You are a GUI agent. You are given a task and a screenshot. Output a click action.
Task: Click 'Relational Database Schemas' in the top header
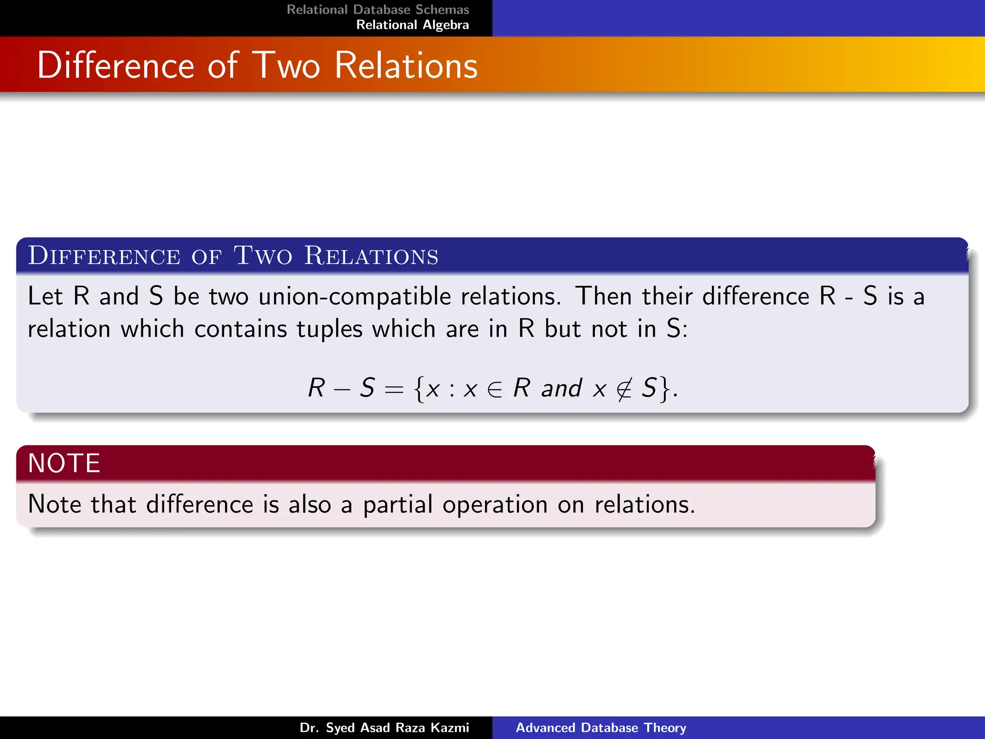378,10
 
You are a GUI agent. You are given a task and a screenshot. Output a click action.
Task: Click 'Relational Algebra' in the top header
412,25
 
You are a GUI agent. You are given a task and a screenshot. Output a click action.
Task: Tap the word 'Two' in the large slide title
286,65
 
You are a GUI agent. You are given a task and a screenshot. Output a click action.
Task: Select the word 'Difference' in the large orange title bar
115,65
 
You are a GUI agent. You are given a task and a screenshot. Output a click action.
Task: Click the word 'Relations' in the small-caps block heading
371,256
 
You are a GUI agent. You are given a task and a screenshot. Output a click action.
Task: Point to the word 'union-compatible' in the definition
355,296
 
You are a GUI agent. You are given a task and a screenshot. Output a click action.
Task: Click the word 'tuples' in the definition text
329,330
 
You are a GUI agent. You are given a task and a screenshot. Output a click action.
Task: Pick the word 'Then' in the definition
603,296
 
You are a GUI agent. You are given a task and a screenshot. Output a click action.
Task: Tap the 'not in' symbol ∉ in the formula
624,389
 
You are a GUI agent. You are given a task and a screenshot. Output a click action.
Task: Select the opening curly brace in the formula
418,389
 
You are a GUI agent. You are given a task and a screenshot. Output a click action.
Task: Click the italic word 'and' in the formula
561,389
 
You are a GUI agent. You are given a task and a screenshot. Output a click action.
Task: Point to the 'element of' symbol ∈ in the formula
495,389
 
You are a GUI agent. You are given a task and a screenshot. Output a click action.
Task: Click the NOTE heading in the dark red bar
64,463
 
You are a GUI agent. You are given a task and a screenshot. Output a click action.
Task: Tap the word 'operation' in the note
495,505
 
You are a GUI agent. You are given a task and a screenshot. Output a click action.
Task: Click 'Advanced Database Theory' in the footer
601,727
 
